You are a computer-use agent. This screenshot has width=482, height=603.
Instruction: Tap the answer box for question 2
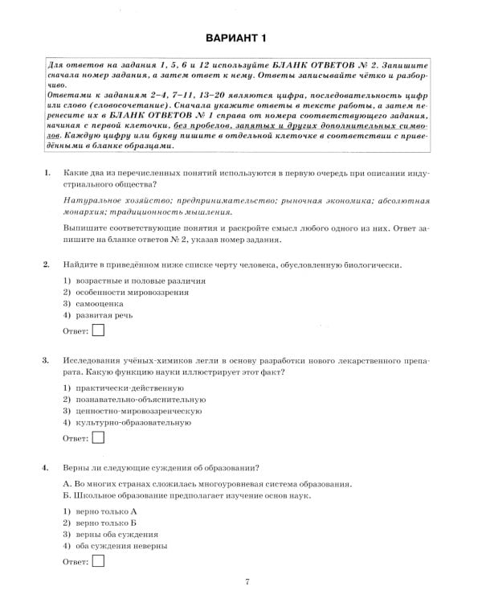pyautogui.click(x=98, y=330)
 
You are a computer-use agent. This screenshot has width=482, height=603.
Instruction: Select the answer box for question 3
pyautogui.click(x=98, y=437)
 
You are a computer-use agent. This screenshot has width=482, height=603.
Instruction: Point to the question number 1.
pyautogui.click(x=47, y=173)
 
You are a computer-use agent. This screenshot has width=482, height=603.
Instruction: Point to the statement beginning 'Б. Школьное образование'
pyautogui.click(x=186, y=495)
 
